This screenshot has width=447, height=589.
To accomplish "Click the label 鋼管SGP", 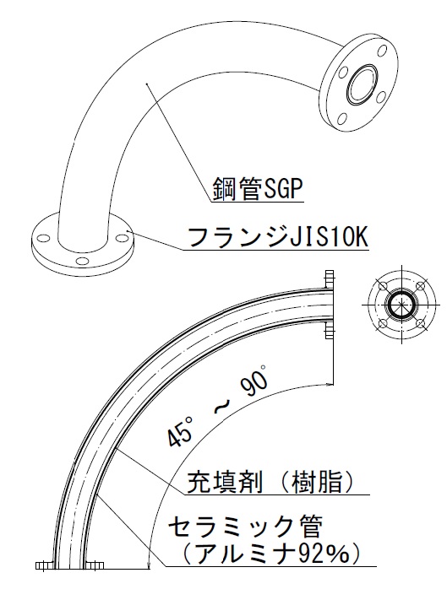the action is (x=258, y=189).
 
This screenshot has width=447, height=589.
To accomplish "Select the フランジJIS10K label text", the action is (x=277, y=237).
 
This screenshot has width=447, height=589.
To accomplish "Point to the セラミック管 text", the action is (x=244, y=527).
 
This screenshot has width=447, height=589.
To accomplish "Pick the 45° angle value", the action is (x=180, y=431).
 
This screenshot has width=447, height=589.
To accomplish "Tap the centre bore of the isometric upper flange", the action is (x=363, y=84).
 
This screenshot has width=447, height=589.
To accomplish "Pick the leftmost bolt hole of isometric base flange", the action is (x=44, y=239).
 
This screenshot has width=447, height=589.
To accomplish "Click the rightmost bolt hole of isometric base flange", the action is (x=122, y=237).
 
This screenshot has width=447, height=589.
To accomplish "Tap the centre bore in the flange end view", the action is (x=402, y=305).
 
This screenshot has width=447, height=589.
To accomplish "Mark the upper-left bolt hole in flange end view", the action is (x=383, y=285).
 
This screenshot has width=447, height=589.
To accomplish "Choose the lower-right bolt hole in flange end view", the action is (x=422, y=323).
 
